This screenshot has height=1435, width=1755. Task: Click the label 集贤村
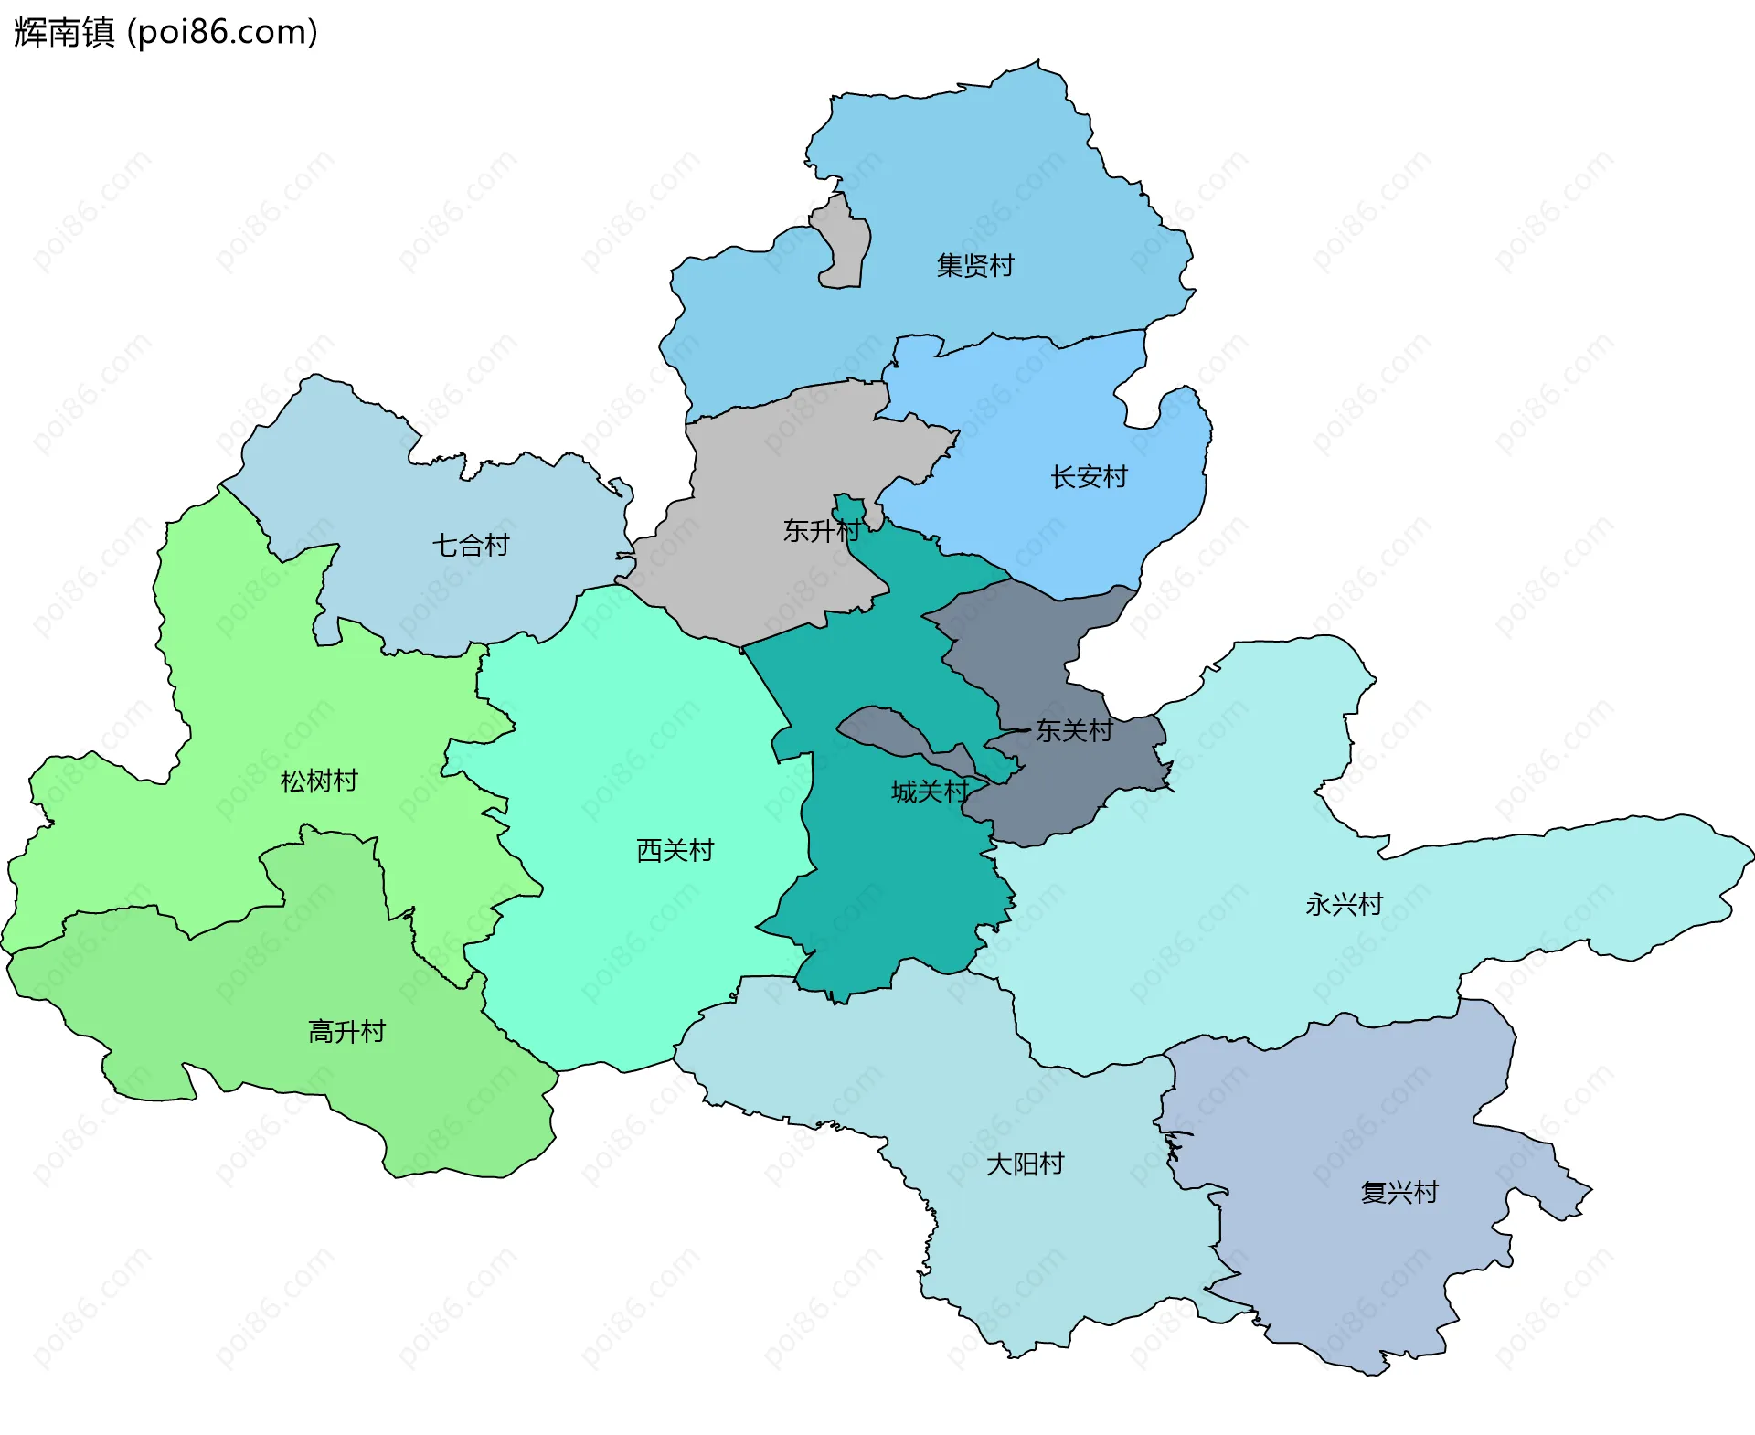coord(975,266)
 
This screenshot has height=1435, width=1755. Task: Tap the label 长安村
coord(1089,477)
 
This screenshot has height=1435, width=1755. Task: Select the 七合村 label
coord(471,546)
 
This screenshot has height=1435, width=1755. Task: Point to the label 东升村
coord(821,530)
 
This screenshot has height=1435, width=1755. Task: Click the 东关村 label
coord(1074,730)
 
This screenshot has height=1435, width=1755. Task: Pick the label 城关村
coord(930,792)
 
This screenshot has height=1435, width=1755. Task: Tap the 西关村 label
coord(675,850)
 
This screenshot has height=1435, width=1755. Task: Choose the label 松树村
coord(319,781)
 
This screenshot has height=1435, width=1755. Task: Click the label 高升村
coord(346,1032)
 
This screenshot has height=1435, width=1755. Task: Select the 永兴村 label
coord(1344,905)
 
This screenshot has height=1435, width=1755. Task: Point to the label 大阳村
coord(1025,1164)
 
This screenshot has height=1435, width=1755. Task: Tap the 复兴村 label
coord(1399,1192)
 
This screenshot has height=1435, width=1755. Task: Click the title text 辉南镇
coord(64,32)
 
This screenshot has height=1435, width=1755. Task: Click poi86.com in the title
coord(222,32)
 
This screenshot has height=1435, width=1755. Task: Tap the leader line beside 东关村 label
coord(1013,731)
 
